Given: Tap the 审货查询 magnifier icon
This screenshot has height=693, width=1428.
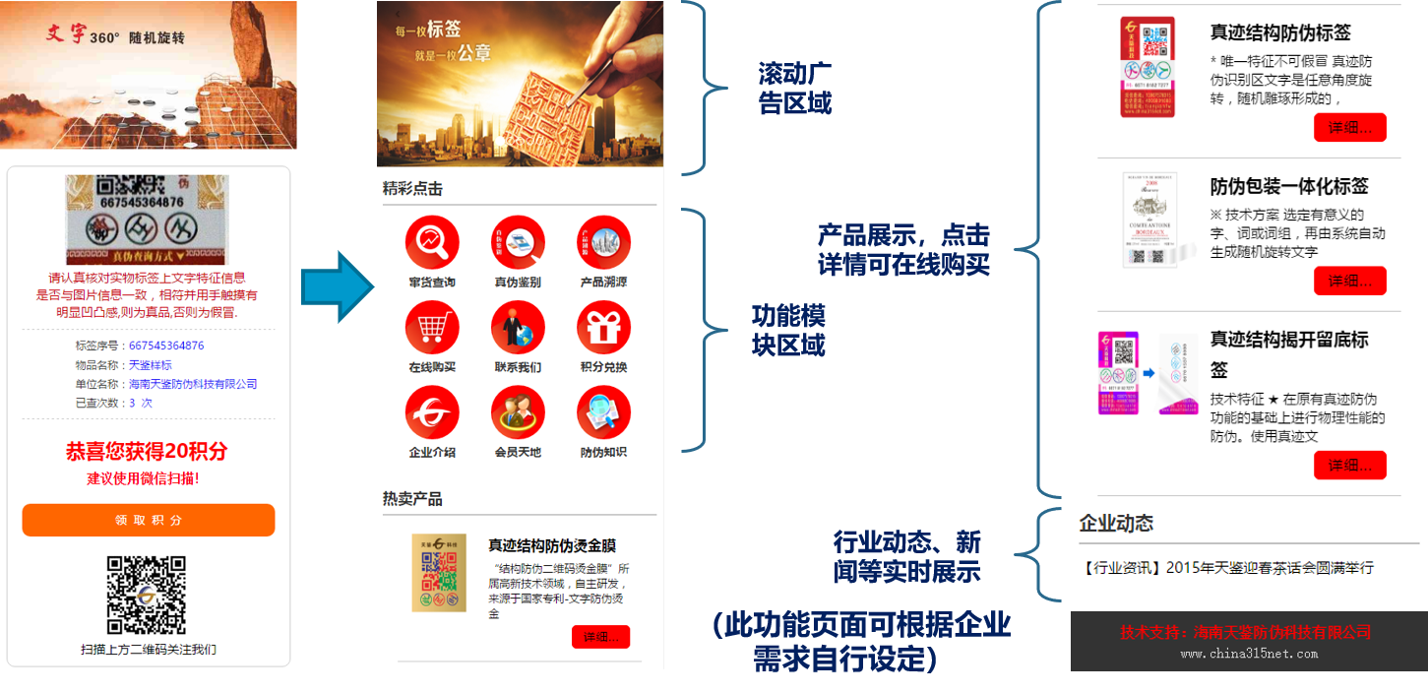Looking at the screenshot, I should [x=432, y=242].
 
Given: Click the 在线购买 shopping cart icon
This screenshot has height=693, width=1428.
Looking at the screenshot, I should [x=432, y=328].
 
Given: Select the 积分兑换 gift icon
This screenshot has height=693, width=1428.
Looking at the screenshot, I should [x=603, y=328].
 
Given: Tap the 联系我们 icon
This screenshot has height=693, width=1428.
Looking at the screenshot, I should [x=518, y=328].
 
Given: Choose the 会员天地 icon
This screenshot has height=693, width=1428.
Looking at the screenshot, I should [x=518, y=412].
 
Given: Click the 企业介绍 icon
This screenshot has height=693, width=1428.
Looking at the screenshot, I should [x=432, y=412].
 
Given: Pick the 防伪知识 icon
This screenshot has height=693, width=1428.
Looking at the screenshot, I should [x=603, y=412].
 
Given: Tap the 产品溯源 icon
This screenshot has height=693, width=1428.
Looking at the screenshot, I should [x=603, y=242].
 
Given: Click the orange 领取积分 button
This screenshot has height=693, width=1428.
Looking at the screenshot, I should [x=149, y=520].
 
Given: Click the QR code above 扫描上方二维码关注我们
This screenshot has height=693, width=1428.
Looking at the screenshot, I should [x=147, y=596].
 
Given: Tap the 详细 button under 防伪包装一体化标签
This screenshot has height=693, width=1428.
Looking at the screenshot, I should [x=1349, y=281].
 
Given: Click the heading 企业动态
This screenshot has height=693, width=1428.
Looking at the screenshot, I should [x=1116, y=523].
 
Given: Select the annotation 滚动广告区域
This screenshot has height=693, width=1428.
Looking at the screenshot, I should [x=794, y=89].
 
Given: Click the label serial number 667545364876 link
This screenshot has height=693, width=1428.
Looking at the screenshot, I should [x=166, y=346].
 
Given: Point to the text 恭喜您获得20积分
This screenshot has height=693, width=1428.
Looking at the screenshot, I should [x=147, y=451].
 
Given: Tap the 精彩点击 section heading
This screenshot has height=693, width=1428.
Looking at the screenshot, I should [x=412, y=189].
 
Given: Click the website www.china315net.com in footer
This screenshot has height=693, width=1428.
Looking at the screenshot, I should [x=1249, y=653].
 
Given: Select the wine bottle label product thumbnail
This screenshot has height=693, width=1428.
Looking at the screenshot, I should [x=1150, y=220].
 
